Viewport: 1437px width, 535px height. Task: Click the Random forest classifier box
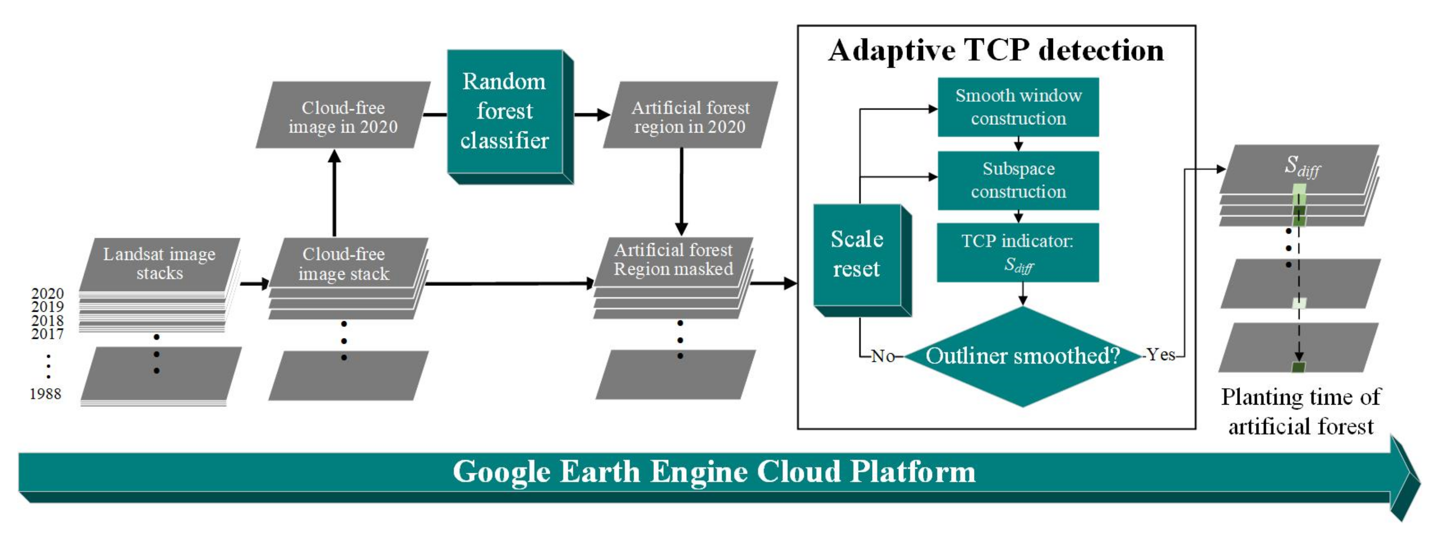(x=505, y=111)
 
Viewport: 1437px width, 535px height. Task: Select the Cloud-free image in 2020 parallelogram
(x=343, y=116)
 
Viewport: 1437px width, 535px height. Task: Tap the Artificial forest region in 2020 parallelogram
(x=690, y=116)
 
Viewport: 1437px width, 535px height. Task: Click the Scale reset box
(x=857, y=254)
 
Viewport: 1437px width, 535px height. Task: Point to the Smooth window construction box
(x=1018, y=107)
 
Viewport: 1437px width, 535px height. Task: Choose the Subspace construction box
(x=1018, y=180)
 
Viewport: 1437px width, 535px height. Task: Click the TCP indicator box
(x=1018, y=252)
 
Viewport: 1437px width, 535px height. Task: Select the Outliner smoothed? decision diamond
(x=1022, y=356)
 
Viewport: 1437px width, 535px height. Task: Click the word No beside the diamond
(x=883, y=356)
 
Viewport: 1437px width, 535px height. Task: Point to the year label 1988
(x=45, y=394)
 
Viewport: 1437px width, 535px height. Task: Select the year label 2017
(x=48, y=334)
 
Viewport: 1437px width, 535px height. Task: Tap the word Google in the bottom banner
(x=501, y=472)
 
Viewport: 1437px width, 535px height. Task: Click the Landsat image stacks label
(x=159, y=263)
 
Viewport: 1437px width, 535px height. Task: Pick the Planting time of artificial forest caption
(x=1301, y=412)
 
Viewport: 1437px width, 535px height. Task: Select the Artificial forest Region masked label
(x=673, y=260)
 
